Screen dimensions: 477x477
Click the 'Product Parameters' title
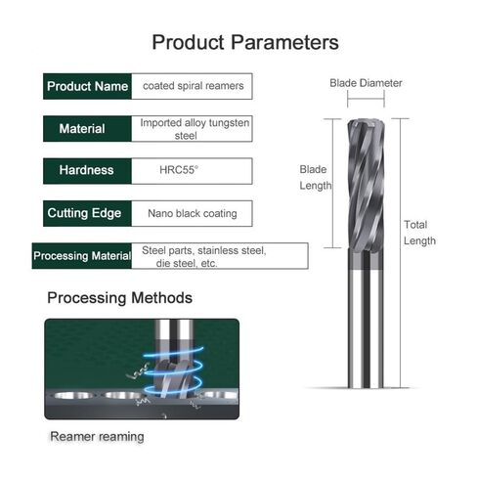pyautogui.click(x=245, y=42)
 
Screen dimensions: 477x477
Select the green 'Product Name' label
pyautogui.click(x=87, y=86)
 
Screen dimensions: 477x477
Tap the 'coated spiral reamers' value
pyautogui.click(x=194, y=86)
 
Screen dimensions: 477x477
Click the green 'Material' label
pyautogui.click(x=87, y=129)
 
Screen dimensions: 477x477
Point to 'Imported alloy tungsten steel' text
pyautogui.click(x=195, y=129)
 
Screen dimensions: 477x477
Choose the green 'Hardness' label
pyautogui.click(x=87, y=171)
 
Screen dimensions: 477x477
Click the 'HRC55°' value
pyautogui.click(x=179, y=170)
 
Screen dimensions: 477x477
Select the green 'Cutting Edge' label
pyautogui.click(x=87, y=213)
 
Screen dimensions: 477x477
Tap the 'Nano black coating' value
pyautogui.click(x=193, y=213)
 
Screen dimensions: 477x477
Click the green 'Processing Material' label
pyautogui.click(x=82, y=256)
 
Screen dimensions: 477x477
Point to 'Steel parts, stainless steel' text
pyautogui.click(x=204, y=250)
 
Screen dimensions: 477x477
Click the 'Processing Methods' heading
pyautogui.click(x=119, y=298)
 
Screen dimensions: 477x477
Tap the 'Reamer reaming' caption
pyautogui.click(x=97, y=437)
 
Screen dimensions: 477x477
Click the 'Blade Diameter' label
pyautogui.click(x=366, y=83)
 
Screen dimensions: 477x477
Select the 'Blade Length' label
pyautogui.click(x=316, y=178)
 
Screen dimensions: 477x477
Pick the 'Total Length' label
pyautogui.click(x=419, y=233)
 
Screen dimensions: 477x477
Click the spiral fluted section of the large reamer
pyautogui.click(x=366, y=185)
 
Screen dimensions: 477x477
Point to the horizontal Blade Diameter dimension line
pyautogui.click(x=366, y=98)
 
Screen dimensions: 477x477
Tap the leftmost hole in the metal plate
pyautogui.click(x=73, y=396)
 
